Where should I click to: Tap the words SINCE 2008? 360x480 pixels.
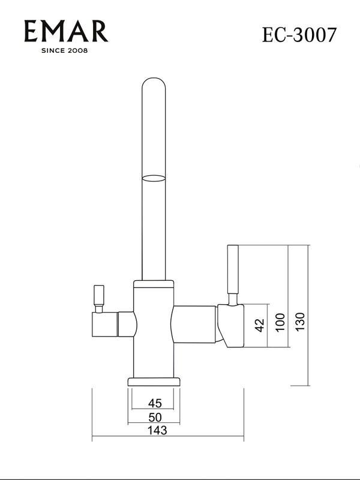[65, 51]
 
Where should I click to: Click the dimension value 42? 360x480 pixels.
[259, 325]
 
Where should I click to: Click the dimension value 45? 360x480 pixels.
[155, 403]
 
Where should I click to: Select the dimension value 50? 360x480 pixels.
[155, 417]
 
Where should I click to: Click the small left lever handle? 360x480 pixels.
[100, 296]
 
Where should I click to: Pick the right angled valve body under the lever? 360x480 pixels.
[230, 324]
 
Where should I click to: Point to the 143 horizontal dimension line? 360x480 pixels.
[167, 440]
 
